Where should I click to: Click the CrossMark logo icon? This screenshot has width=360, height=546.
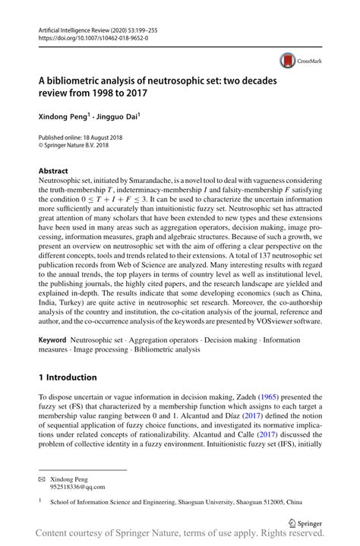[289, 60]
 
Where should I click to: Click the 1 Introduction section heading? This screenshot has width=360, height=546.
[68, 377]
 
